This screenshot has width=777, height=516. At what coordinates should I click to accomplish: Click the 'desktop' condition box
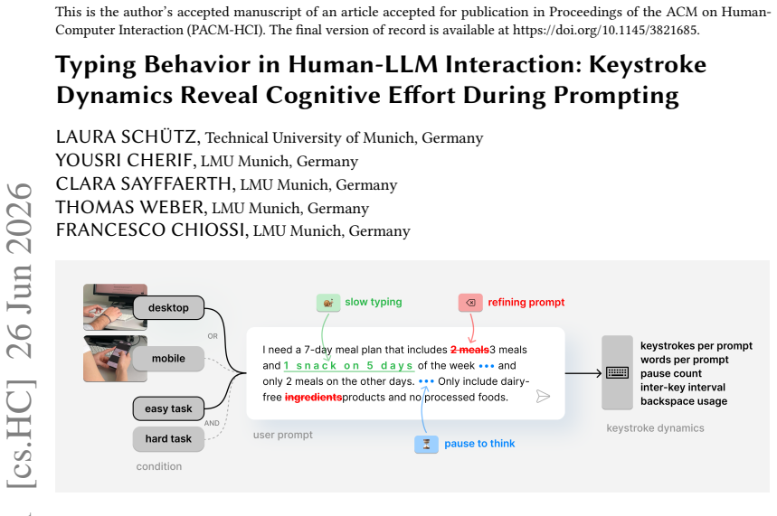pyautogui.click(x=168, y=307)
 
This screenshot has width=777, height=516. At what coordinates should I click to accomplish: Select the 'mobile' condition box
pyautogui.click(x=168, y=359)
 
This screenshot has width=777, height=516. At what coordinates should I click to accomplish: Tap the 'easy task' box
pyautogui.click(x=168, y=408)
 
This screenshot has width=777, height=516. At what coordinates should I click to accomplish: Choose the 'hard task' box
pyautogui.click(x=168, y=439)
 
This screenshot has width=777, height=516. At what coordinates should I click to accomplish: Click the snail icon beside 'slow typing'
pyautogui.click(x=328, y=303)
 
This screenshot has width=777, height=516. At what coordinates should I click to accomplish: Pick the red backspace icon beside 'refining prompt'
pyautogui.click(x=470, y=303)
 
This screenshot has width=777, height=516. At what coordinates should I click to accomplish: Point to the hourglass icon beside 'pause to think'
pyautogui.click(x=426, y=445)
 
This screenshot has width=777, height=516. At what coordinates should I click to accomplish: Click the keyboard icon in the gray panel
pyautogui.click(x=618, y=373)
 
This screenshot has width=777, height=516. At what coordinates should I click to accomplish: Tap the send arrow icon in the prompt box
pyautogui.click(x=543, y=396)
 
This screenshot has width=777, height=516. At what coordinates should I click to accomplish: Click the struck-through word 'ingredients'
pyautogui.click(x=313, y=397)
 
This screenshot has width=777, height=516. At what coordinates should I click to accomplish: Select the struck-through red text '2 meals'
pyautogui.click(x=469, y=350)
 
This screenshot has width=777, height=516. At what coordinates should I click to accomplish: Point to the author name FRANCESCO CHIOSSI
pyautogui.click(x=150, y=230)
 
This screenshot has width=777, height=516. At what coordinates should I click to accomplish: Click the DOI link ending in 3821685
pyautogui.click(x=604, y=30)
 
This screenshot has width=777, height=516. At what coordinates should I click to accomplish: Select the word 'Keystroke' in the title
pyautogui.click(x=648, y=65)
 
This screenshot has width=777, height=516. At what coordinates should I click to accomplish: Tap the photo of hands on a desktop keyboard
pyautogui.click(x=115, y=307)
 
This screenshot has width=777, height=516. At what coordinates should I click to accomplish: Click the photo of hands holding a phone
pyautogui.click(x=115, y=359)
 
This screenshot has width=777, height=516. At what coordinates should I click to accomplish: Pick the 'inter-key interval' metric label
pyautogui.click(x=683, y=388)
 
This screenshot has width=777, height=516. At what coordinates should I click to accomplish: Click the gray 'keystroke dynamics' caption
pyautogui.click(x=655, y=428)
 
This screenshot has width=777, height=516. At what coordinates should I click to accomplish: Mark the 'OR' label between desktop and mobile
pyautogui.click(x=213, y=336)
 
